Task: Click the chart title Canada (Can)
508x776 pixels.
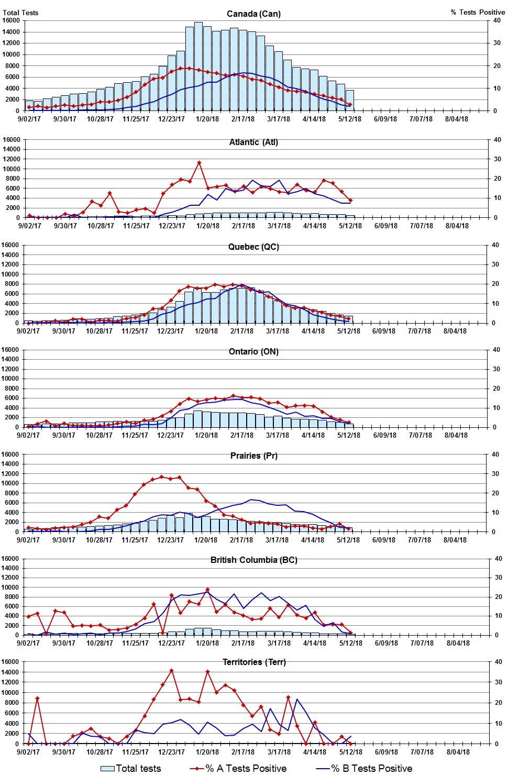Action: (253, 14)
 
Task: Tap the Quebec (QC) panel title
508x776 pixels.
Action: (253, 247)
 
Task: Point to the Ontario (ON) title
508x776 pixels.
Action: (253, 351)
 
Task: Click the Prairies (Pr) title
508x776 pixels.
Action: (253, 456)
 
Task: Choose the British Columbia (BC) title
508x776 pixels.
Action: (253, 560)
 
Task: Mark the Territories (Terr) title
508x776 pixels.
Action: (253, 662)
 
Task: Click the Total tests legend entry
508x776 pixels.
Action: (131, 768)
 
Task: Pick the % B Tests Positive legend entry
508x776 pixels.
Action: (365, 768)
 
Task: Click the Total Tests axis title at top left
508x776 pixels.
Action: (20, 13)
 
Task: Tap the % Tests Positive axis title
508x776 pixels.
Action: (478, 12)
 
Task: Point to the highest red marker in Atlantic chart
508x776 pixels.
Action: (199, 163)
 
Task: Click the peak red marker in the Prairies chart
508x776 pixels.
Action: (162, 476)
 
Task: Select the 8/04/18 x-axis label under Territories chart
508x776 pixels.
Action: (458, 752)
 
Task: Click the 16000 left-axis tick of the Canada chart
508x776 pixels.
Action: (11, 20)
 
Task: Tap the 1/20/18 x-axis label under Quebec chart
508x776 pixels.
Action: (206, 331)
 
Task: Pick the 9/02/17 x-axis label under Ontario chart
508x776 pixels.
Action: (28, 435)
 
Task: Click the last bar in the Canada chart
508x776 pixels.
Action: (350, 101)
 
